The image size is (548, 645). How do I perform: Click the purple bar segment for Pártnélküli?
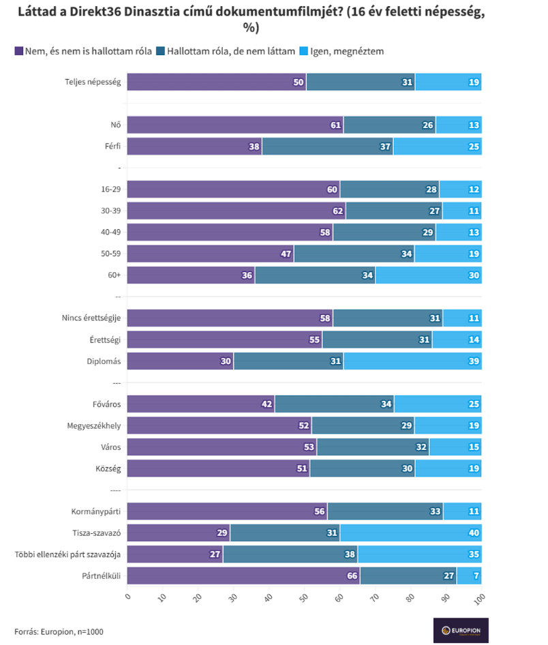coord(243,575)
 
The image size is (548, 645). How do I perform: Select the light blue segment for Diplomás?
coord(412,361)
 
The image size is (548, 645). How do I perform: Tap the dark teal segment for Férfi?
coord(328,147)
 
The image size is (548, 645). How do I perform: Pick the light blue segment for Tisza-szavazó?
coord(411,532)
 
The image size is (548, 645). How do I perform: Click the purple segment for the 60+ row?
coord(191,275)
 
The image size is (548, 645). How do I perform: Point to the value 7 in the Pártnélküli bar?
coord(476,576)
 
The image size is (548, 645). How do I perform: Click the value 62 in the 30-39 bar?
coord(337,211)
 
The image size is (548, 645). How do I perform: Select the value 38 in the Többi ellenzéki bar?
coord(350,554)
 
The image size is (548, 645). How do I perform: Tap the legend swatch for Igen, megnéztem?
coord(303,51)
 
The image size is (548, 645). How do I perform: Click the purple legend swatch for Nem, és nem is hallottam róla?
coord(18,51)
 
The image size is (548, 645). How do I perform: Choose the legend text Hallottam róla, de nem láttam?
coord(231,51)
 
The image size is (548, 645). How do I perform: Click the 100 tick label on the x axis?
coord(479,599)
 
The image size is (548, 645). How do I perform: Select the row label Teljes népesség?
coord(93,82)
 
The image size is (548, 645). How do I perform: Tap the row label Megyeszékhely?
coord(94,425)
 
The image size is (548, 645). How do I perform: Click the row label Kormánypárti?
coord(96,511)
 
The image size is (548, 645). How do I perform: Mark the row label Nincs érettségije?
coord(91,318)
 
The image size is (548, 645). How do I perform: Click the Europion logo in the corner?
coord(461,630)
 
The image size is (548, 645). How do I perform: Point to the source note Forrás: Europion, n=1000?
coord(59,631)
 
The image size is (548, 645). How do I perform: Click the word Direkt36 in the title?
coord(95,12)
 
